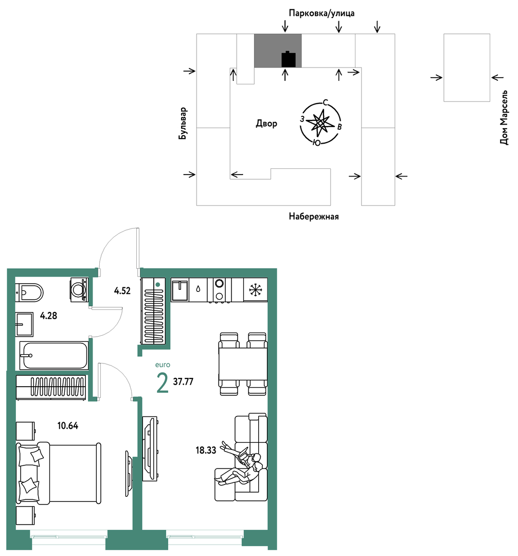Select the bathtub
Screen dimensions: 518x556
pyautogui.click(x=53, y=355)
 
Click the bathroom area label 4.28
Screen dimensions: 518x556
pyautogui.click(x=48, y=316)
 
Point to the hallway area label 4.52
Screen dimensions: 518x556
pyautogui.click(x=122, y=291)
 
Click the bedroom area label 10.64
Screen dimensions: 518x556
pyautogui.click(x=68, y=426)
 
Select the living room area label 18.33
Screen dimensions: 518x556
pyautogui.click(x=206, y=450)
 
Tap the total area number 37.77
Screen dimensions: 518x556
pyautogui.click(x=183, y=381)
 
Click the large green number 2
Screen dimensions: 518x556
pyautogui.click(x=162, y=384)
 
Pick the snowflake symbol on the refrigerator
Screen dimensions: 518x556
pyautogui.click(x=255, y=290)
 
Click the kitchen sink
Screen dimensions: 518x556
pyautogui.click(x=180, y=290)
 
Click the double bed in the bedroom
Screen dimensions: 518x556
pyautogui.click(x=59, y=473)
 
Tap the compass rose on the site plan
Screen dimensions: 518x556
pyautogui.click(x=320, y=123)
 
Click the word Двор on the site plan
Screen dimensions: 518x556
pyautogui.click(x=266, y=124)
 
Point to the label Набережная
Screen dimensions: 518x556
pyautogui.click(x=314, y=216)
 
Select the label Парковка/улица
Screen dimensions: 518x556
pyautogui.click(x=321, y=13)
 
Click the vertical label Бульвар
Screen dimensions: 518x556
pyautogui.click(x=183, y=124)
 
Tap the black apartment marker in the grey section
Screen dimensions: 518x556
pyautogui.click(x=288, y=59)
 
